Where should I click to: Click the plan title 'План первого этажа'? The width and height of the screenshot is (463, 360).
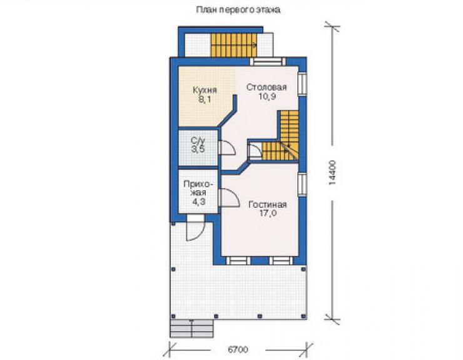point(238,11)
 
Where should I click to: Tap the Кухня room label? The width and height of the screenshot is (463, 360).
point(205,90)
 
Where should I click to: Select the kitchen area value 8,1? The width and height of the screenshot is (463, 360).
point(205,100)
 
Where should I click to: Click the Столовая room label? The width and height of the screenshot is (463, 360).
point(267,88)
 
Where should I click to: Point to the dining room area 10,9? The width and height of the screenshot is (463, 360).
point(268,96)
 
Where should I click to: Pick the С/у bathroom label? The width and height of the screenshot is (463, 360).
point(198,140)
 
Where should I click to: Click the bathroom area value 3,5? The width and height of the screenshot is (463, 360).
point(198,149)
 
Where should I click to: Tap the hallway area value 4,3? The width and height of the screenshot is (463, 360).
point(199,202)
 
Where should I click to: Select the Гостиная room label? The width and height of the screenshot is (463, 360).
point(268,205)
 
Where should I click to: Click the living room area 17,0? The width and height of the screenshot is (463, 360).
point(268,213)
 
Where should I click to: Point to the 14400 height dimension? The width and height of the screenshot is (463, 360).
point(332,173)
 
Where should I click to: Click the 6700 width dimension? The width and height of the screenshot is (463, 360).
point(238,349)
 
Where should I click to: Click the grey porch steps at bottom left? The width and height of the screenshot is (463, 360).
point(191,329)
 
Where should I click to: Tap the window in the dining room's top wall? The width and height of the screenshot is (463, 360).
point(268,61)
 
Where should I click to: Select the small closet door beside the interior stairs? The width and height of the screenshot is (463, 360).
point(255,151)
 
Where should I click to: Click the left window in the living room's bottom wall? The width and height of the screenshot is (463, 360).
point(238,260)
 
